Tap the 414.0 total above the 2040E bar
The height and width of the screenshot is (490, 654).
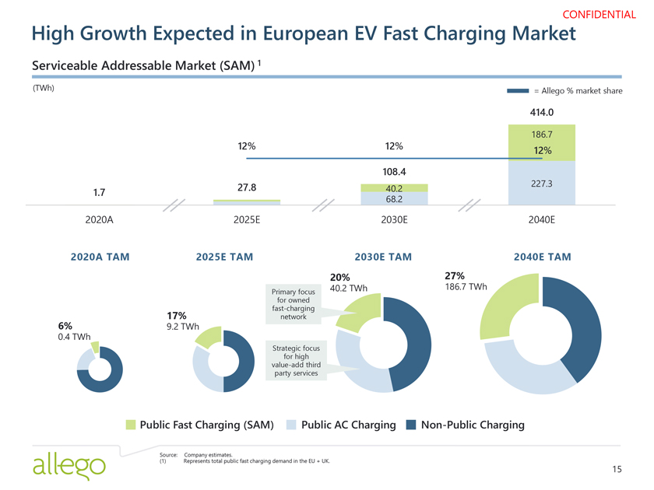coord(541,112)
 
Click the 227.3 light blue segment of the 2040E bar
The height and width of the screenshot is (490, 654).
coord(541,184)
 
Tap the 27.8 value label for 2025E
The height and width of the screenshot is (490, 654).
coord(246,187)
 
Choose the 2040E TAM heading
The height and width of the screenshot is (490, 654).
coord(542,257)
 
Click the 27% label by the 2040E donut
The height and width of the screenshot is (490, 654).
coord(454,276)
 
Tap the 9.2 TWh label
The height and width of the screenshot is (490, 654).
coord(183,327)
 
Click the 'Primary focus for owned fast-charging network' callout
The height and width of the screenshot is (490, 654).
coord(293,305)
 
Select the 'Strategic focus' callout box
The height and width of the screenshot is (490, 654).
coord(293,360)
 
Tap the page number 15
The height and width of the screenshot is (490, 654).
coord(617,468)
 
